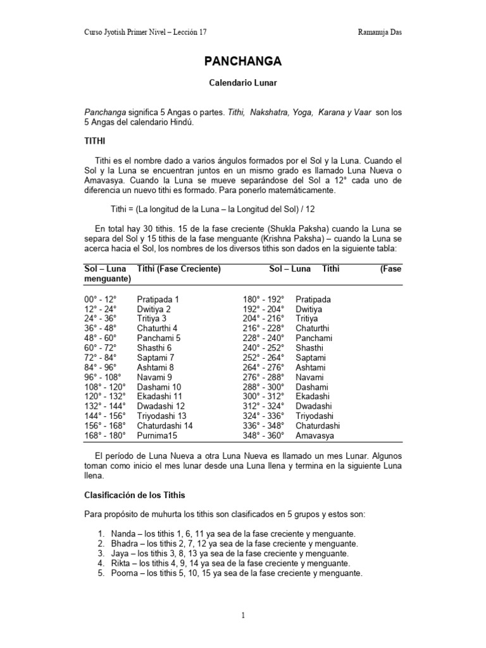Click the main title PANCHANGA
(243, 61)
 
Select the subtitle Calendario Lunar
(243, 83)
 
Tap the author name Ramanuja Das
(379, 32)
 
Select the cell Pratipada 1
(158, 299)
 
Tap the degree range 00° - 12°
(101, 299)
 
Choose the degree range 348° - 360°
(264, 436)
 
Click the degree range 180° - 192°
(264, 299)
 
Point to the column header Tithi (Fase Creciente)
(178, 269)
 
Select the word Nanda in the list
(122, 533)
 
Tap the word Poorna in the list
(123, 573)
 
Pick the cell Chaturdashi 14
(165, 426)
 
